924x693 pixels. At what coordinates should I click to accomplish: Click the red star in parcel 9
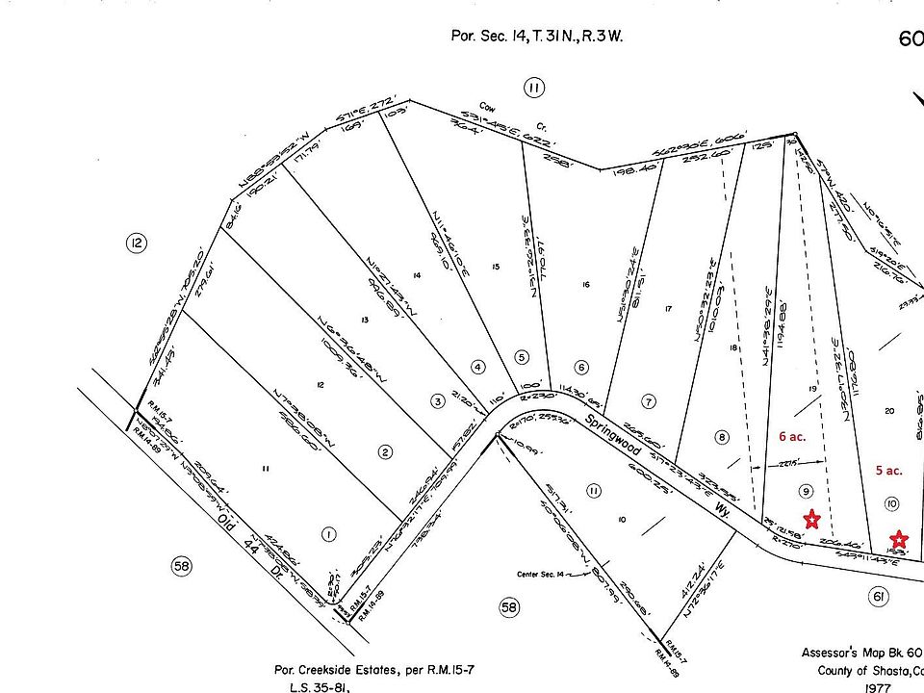[811, 520]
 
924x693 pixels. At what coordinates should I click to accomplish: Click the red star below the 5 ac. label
[898, 539]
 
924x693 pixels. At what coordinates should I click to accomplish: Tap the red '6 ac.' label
[792, 436]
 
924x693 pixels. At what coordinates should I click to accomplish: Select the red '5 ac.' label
[888, 471]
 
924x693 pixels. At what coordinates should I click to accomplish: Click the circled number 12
[137, 244]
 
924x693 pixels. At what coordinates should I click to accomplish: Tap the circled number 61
[878, 598]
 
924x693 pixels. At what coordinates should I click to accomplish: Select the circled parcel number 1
[329, 534]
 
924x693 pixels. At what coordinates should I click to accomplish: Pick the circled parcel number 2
[386, 451]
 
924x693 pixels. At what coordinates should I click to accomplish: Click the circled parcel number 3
[437, 400]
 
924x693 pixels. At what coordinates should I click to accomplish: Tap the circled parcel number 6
[581, 367]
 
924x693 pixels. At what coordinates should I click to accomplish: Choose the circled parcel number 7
[650, 400]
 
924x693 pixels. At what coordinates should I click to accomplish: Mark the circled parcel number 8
[722, 437]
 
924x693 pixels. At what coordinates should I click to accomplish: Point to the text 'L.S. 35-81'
[319, 687]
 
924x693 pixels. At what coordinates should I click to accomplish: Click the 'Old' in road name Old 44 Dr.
[228, 525]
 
